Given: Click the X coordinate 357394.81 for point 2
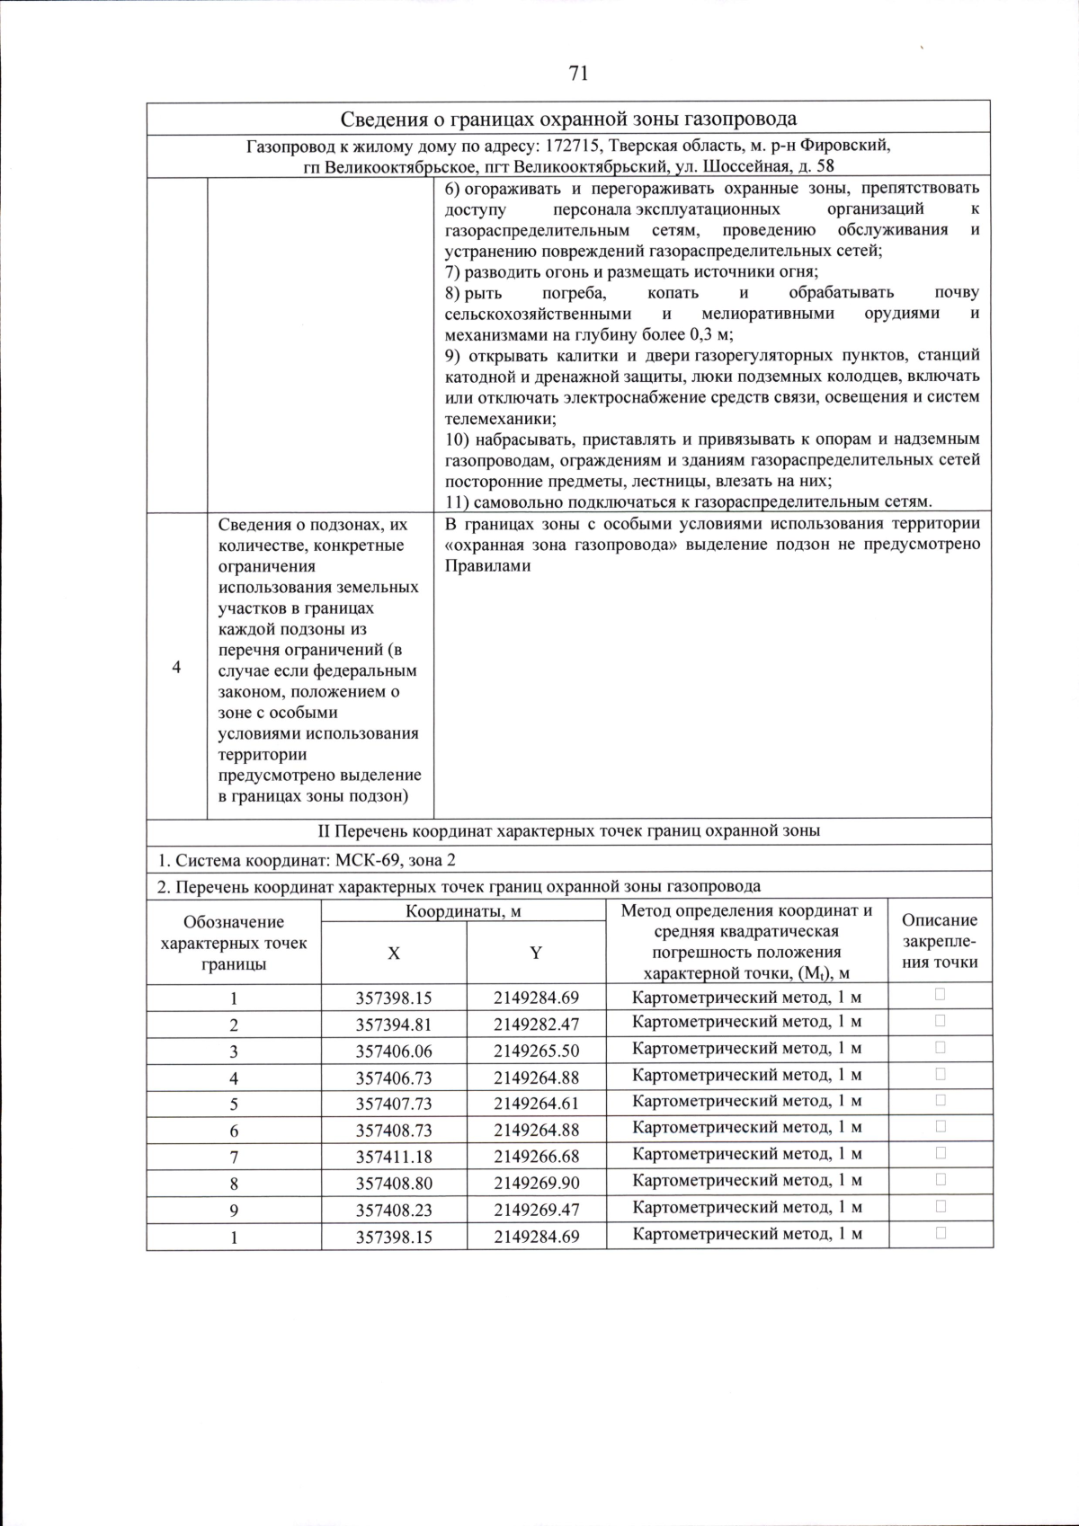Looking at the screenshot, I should [394, 1025].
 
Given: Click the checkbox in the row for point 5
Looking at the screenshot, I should [941, 1100].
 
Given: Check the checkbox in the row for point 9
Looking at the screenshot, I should [941, 1206].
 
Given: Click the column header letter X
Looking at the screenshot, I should [394, 954].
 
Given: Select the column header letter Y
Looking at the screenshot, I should [536, 954].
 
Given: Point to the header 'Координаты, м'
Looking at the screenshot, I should [463, 910].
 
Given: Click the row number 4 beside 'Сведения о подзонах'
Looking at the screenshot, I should [176, 667].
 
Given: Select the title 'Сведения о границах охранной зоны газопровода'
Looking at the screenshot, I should [568, 119].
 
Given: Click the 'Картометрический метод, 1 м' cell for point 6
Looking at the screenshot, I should [747, 1127].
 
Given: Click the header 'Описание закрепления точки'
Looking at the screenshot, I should [940, 941].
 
